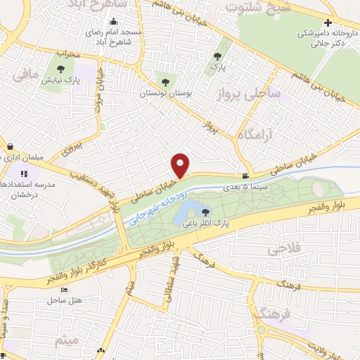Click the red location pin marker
[x=181, y=165]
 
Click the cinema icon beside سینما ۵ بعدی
[x=245, y=176]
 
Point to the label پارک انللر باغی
[x=206, y=224]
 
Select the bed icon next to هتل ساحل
[x=64, y=290]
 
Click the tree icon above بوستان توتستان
[x=166, y=79]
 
